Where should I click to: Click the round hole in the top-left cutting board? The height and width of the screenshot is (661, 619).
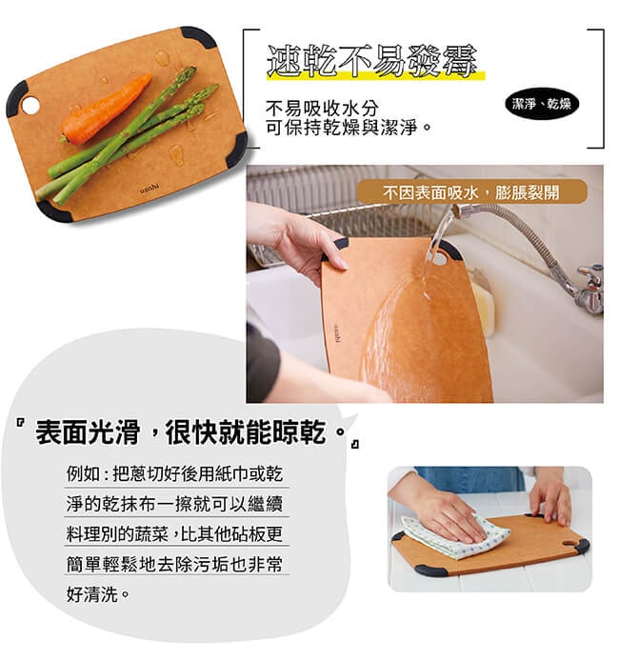click(30, 104)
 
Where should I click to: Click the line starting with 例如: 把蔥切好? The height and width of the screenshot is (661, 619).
click(175, 473)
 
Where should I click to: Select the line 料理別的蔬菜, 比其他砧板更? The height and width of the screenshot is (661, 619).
click(175, 533)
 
